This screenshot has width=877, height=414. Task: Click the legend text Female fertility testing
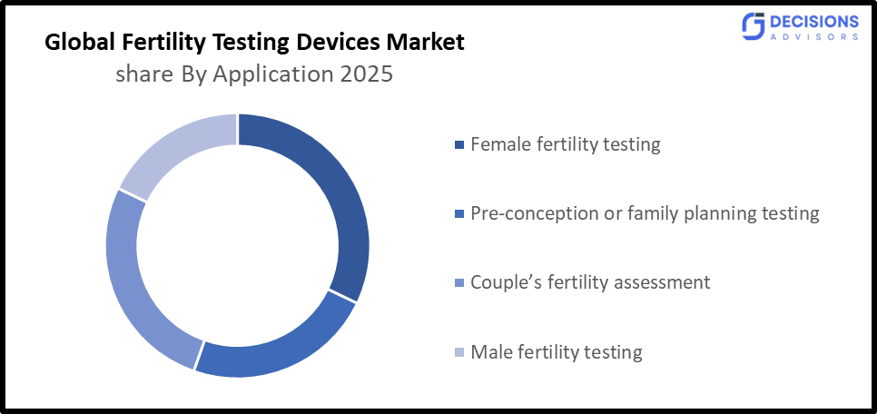565,143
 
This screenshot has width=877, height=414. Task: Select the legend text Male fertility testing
556,351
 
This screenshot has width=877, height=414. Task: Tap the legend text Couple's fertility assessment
590,282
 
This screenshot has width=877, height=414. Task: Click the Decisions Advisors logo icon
753,26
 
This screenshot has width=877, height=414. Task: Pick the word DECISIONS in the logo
814,21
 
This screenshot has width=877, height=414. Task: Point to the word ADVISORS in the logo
814,37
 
